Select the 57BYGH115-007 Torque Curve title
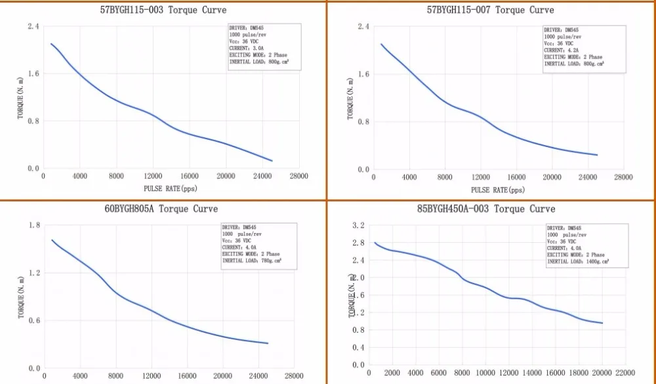490,10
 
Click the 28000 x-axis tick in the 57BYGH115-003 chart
298,177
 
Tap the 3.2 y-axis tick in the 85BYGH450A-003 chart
358,225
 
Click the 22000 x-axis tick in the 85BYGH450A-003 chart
625,373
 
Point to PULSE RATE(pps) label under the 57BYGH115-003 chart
170,189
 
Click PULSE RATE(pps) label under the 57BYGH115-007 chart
498,190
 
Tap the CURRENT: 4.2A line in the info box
559,50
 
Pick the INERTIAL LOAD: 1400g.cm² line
577,261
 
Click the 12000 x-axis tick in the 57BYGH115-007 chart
481,177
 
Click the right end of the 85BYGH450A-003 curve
602,323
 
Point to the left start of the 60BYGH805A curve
52,240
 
